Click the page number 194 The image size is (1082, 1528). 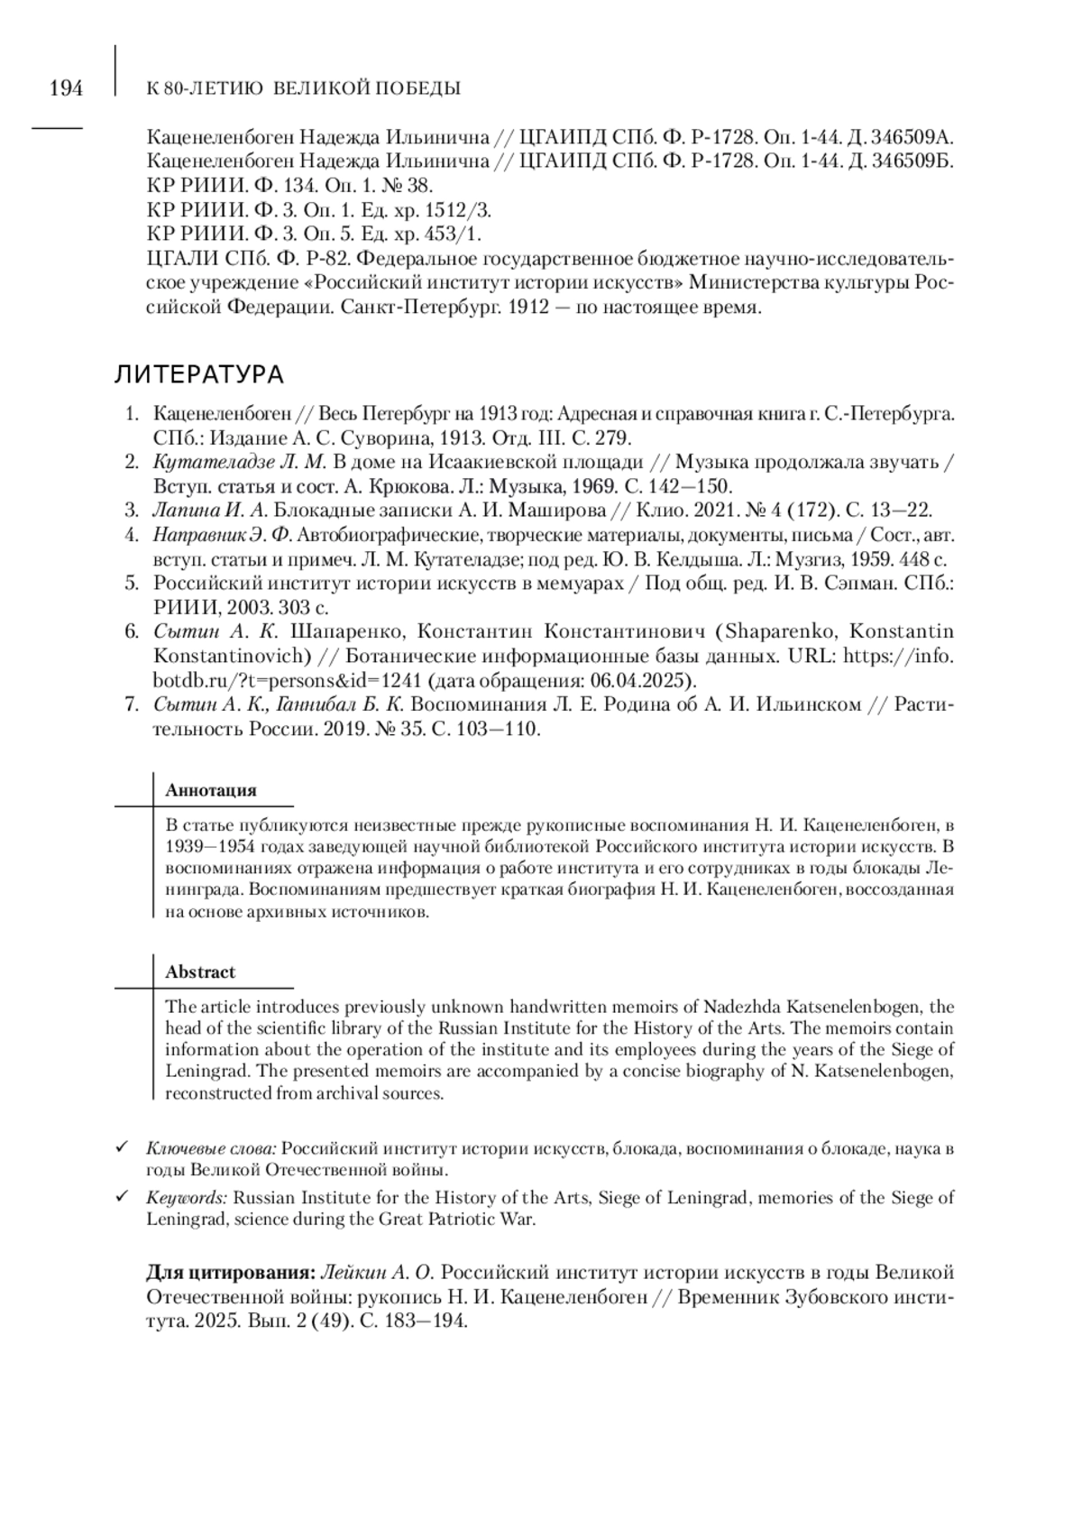[x=66, y=88]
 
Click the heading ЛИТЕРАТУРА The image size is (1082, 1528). [x=199, y=374]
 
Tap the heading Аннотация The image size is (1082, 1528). [x=211, y=790]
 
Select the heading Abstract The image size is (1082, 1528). [x=200, y=972]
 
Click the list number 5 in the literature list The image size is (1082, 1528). [x=132, y=584]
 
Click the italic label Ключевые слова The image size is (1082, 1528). [x=211, y=1149]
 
